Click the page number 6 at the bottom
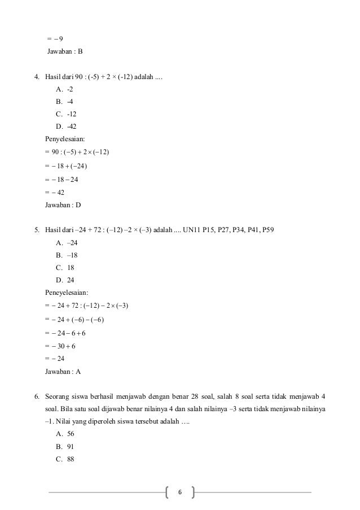click(180, 492)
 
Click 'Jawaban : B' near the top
click(64, 52)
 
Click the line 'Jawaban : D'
click(64, 205)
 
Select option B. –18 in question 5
click(67, 255)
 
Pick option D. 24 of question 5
click(65, 280)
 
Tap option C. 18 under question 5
click(65, 267)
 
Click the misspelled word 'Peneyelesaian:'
click(66, 293)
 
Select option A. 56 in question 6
click(65, 434)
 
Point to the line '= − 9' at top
click(55, 39)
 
